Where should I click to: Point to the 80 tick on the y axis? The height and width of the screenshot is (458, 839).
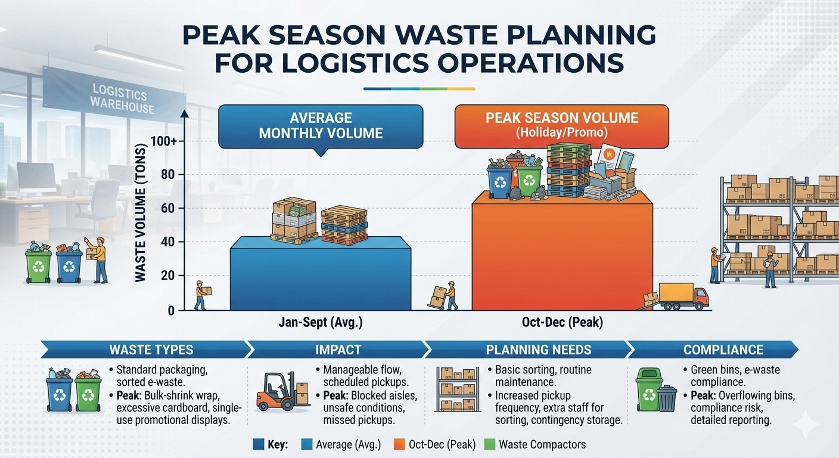click(170, 175)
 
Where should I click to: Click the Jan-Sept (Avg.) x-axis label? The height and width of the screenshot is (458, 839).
click(321, 322)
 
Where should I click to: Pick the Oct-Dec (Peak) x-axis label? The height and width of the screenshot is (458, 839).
click(562, 322)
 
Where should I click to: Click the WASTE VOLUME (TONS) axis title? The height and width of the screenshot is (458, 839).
click(140, 213)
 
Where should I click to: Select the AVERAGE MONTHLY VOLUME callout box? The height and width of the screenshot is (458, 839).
click(321, 126)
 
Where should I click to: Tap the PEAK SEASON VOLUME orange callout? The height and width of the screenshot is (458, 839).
click(562, 126)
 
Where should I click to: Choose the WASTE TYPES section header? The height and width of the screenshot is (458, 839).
click(151, 349)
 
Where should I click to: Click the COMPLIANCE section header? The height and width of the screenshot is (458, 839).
click(723, 349)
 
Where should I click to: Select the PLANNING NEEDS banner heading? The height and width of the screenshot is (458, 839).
click(539, 349)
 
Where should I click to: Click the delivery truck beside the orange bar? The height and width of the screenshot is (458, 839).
click(683, 296)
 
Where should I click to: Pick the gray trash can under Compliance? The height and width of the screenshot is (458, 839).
click(667, 399)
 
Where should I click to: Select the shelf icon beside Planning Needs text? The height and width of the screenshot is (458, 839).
click(458, 389)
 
